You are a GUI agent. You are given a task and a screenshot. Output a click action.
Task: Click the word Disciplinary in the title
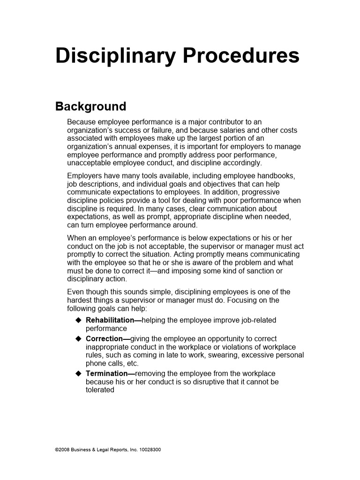coord(115,56)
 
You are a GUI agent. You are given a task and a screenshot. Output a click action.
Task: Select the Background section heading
coord(90,106)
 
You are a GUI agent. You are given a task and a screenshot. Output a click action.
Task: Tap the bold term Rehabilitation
coord(110,320)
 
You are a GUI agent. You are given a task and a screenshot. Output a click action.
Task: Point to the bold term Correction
coord(105,339)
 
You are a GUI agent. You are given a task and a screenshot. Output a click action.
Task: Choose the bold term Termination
coord(107,374)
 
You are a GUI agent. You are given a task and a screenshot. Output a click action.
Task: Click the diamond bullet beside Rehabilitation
coord(78,320)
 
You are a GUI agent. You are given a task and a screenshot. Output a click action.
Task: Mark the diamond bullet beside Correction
coord(78,339)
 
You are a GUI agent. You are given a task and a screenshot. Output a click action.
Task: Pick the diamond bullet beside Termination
coord(78,374)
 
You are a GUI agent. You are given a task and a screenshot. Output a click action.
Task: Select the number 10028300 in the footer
coord(150,450)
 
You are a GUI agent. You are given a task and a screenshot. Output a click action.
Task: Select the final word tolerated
coord(100,390)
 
